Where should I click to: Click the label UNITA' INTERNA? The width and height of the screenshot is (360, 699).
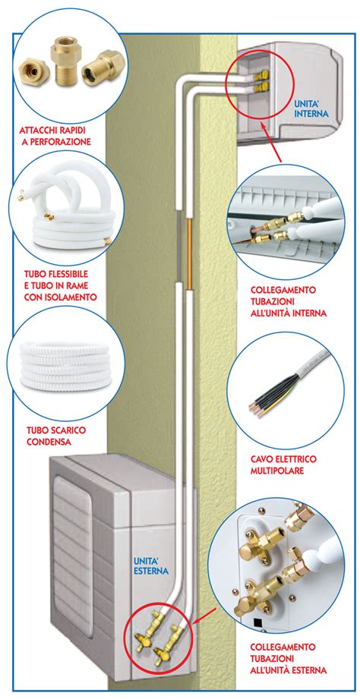coord(312,109)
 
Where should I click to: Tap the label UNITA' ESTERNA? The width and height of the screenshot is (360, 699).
coord(151,565)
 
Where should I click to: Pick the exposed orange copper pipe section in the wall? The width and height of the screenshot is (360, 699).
coord(189,254)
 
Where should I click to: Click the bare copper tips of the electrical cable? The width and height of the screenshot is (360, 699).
coord(254,408)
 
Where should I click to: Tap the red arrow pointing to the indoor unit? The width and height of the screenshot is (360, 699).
coord(272,143)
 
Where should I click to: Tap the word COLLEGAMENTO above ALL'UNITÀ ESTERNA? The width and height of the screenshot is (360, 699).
coord(283,647)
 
